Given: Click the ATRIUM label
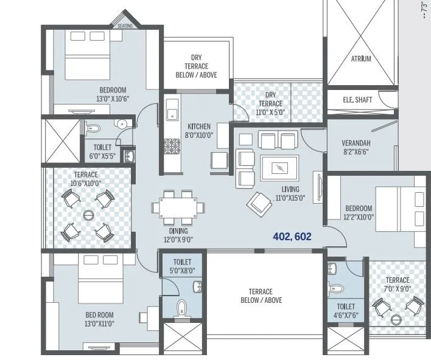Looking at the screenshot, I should click(x=360, y=59).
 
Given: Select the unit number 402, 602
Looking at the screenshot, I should click(x=283, y=236).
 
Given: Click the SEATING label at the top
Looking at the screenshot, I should click(x=125, y=26).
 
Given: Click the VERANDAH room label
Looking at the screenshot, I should click(x=356, y=147).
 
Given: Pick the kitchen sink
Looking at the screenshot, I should click(x=172, y=111).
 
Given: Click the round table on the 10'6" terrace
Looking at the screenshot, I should click(x=89, y=214).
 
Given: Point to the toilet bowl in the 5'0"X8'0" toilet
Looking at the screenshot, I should click(x=180, y=308).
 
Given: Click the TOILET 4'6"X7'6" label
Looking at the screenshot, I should click(x=345, y=311).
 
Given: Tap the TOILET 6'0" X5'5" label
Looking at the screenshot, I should click(x=102, y=151).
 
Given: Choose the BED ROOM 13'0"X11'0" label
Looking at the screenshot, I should click(x=99, y=319).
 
